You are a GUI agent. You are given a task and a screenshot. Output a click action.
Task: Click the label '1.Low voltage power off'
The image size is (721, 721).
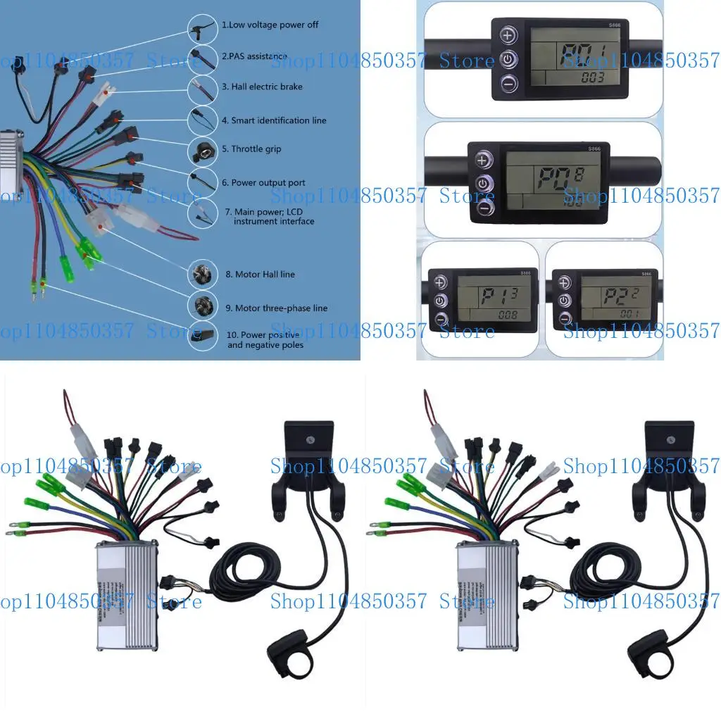(270, 25)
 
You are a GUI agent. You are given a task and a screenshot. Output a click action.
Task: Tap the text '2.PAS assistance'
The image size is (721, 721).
(254, 56)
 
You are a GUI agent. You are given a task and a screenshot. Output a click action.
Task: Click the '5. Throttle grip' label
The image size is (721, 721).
(251, 149)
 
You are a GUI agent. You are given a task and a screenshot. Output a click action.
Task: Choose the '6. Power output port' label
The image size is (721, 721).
(263, 183)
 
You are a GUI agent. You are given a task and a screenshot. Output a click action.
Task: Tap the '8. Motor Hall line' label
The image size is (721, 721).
(260, 275)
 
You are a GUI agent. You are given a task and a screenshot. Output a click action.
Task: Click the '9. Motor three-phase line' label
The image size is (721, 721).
(276, 308)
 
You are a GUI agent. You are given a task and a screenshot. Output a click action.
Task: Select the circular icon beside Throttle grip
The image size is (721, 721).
(202, 150)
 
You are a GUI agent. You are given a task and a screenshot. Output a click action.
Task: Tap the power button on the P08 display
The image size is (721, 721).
(482, 184)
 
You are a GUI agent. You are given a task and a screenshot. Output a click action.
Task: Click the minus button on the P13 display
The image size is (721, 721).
(441, 320)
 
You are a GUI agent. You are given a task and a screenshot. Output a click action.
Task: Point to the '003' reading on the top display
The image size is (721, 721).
(593, 77)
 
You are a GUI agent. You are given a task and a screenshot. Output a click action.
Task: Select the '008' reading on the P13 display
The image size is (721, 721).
(507, 315)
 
